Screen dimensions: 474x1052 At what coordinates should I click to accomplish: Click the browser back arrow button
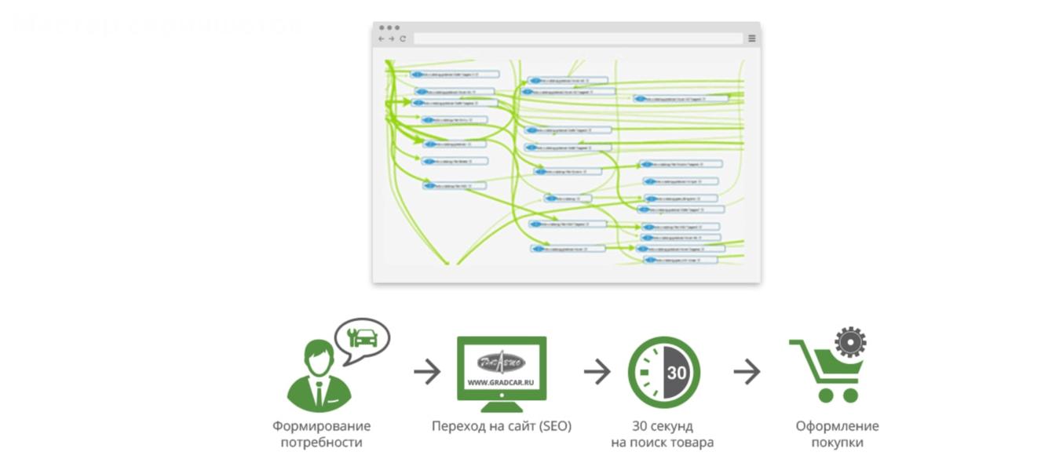point(382,38)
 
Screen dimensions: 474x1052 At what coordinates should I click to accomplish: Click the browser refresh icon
point(403,38)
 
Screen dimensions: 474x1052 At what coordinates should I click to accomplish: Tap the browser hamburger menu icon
point(751,38)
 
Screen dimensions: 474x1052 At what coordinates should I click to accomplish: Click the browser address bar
point(578,38)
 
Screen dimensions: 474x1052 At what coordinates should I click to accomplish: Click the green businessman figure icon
point(318,377)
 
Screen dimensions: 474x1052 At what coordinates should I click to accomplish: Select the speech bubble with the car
point(362,337)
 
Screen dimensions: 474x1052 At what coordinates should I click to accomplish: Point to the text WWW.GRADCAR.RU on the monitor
point(502,383)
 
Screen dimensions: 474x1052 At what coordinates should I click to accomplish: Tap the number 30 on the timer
point(676,373)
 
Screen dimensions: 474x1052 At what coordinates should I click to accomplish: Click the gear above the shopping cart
point(849,343)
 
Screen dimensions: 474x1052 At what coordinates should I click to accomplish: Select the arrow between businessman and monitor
point(427,372)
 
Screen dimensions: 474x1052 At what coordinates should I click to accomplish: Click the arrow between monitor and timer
point(597,372)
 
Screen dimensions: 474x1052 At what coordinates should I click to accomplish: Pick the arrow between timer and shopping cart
point(747,372)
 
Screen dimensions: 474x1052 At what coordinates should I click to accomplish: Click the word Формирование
point(321,426)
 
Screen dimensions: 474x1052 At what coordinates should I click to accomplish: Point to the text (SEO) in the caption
point(554,426)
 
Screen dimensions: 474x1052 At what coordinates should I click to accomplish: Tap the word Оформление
point(837,426)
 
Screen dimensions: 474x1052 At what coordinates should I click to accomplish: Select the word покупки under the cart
point(837,443)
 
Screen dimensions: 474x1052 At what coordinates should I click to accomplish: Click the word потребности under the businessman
point(321,443)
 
